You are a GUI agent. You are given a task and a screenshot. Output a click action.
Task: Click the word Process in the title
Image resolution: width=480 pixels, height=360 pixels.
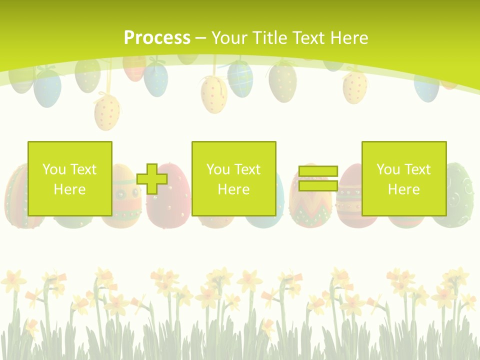[x=157, y=37]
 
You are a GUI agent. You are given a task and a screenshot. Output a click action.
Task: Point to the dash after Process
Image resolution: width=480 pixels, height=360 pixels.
[x=200, y=38]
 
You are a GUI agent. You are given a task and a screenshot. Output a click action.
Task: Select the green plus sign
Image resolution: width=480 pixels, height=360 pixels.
[x=152, y=178]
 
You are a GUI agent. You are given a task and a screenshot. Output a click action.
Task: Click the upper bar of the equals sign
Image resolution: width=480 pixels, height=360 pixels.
[x=318, y=171]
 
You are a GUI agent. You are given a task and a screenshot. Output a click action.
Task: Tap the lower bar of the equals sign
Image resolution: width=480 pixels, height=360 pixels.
[x=318, y=186]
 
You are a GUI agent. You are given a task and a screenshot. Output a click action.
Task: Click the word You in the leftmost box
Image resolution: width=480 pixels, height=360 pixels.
[x=53, y=169]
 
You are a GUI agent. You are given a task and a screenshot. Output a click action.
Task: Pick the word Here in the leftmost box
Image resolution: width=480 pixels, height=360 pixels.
[x=69, y=189]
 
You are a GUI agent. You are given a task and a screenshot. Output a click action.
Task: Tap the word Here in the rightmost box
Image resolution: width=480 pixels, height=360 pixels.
[x=403, y=189]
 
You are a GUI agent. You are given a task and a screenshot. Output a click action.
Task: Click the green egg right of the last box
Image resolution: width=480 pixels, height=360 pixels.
[x=459, y=195]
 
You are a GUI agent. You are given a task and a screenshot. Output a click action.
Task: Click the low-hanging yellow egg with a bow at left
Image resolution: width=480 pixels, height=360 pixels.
[x=107, y=111]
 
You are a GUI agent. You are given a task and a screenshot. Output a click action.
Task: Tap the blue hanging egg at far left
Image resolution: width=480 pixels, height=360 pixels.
[x=47, y=87]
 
